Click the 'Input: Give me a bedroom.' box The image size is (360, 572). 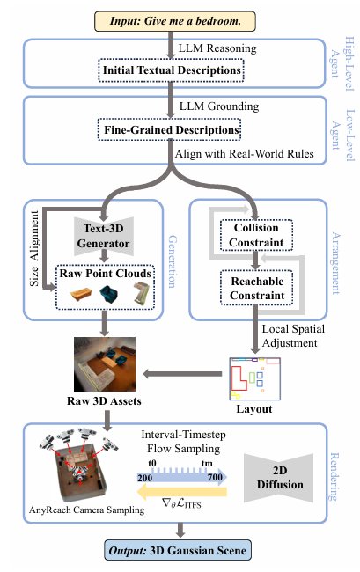(x=175, y=21)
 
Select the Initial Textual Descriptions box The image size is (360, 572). (x=171, y=70)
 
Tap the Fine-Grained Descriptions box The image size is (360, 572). (x=170, y=129)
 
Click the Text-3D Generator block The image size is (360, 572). (x=104, y=236)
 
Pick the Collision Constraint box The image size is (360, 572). (x=256, y=235)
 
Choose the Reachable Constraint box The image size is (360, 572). (x=257, y=288)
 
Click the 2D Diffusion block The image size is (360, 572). (x=279, y=478)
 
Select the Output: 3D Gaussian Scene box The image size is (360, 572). (x=178, y=550)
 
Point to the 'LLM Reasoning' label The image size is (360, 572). (x=217, y=48)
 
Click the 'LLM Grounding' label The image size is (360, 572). (x=219, y=106)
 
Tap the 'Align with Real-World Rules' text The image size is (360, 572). (x=245, y=154)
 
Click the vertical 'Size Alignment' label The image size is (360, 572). (x=34, y=248)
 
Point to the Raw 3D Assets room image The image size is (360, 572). (x=105, y=364)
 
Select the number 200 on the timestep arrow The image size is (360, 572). (x=145, y=478)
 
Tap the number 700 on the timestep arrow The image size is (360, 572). (x=215, y=477)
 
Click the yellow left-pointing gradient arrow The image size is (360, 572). (x=181, y=492)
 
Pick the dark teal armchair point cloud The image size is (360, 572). (x=108, y=294)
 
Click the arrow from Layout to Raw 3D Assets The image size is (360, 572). (x=182, y=374)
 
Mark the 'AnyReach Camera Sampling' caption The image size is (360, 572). (x=87, y=510)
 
